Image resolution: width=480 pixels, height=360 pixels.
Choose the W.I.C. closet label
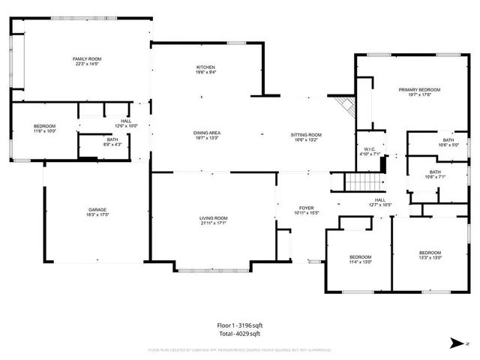pyautogui.click(x=370, y=149)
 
